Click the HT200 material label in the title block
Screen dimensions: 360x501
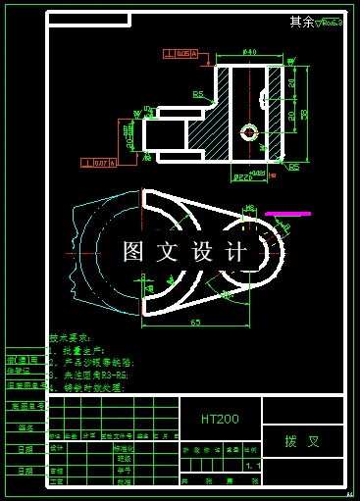[220, 419]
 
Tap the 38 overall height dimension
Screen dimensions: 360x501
[304, 114]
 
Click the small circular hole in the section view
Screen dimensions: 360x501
[249, 131]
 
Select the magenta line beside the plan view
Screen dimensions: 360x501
[287, 212]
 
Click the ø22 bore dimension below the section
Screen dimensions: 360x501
[246, 176]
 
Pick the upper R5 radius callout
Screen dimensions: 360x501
[198, 95]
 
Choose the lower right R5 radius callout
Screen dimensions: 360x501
[293, 167]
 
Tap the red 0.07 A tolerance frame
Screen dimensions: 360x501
[98, 162]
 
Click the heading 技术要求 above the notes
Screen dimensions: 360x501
[73, 338]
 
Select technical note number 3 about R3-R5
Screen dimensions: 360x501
[90, 375]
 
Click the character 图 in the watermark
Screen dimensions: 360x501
[133, 252]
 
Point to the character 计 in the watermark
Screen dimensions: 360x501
[235, 252]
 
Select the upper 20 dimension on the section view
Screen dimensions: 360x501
[292, 82]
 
